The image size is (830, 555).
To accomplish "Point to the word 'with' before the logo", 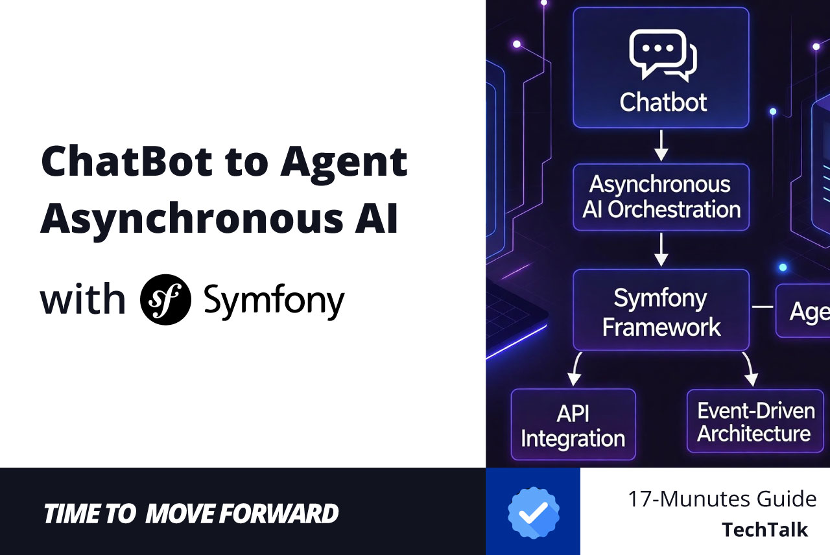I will [82, 300].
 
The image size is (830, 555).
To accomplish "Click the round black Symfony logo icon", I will [165, 300].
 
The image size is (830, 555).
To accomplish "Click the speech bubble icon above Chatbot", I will [662, 56].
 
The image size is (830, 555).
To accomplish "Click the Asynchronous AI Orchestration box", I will [661, 197].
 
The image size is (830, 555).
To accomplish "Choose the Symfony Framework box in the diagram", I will [661, 311].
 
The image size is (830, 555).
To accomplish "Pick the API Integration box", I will [573, 425].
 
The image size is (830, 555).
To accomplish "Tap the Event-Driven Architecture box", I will [755, 421].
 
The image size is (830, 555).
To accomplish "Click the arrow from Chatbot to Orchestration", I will [661, 146].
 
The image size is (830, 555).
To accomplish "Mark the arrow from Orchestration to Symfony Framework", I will [661, 250].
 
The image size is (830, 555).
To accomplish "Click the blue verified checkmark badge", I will [533, 512].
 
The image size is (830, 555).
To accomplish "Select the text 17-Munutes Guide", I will [721, 499].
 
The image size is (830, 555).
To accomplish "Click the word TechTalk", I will [765, 530].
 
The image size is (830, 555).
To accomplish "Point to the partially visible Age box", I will [803, 311].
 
